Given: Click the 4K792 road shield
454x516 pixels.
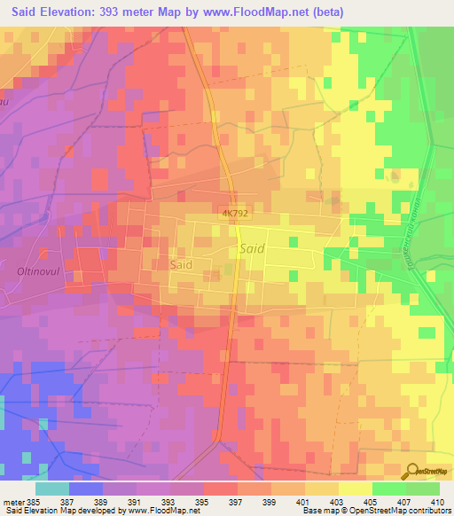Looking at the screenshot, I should pos(235,215).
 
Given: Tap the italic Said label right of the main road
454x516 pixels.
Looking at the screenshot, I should pos(251,250).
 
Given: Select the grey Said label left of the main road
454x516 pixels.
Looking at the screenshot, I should pos(181,264).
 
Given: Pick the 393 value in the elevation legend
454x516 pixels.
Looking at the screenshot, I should pos(186,501).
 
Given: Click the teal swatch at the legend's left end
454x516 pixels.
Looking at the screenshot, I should pos(51,488).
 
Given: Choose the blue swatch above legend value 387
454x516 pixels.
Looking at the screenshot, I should pos(85,488).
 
